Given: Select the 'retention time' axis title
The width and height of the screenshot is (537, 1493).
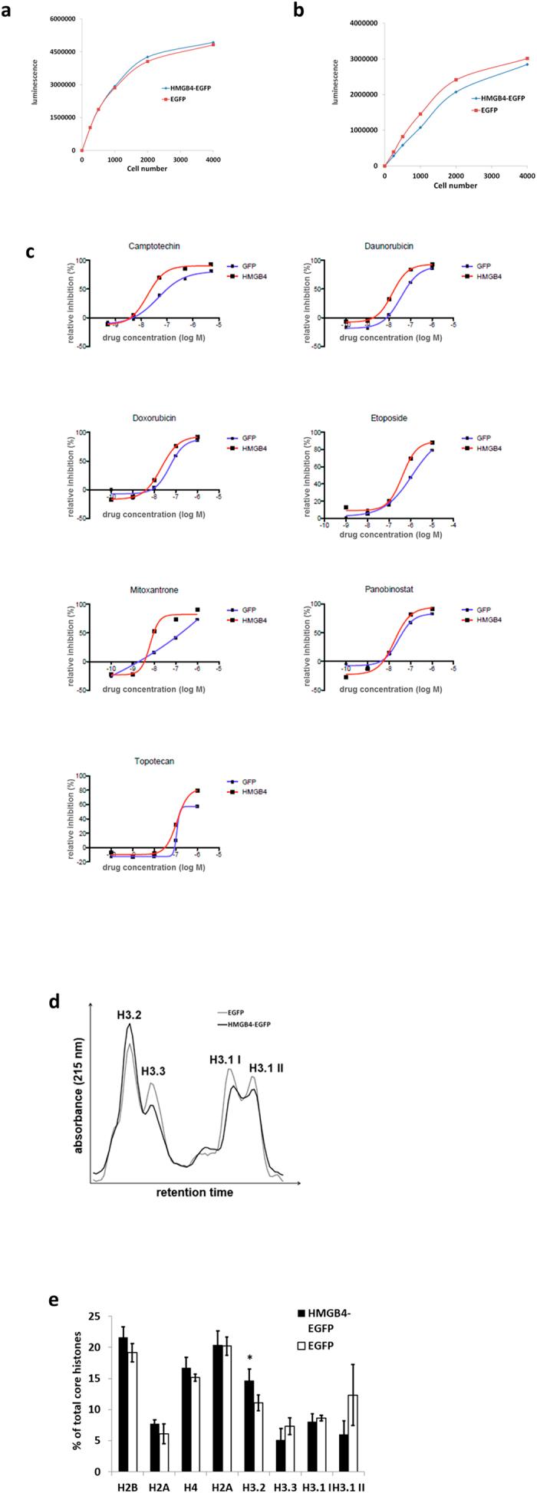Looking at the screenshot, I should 194,1193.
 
